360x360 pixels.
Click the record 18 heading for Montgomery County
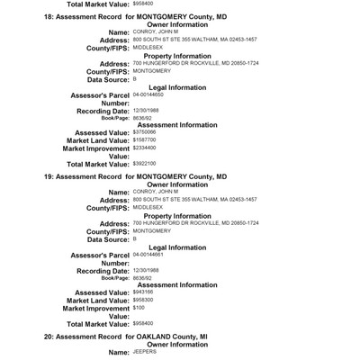point(135,18)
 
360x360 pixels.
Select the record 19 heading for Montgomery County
point(135,177)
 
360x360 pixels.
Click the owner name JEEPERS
point(144,351)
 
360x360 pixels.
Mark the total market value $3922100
point(144,188)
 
